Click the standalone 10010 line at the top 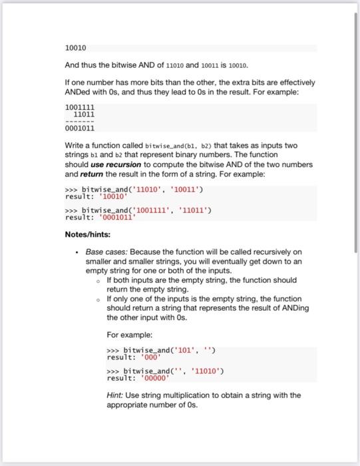[x=75, y=49]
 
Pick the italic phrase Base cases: [x=107, y=252]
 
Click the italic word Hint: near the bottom [x=116, y=395]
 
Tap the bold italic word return [x=91, y=173]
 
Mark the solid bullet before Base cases [x=78, y=253]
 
